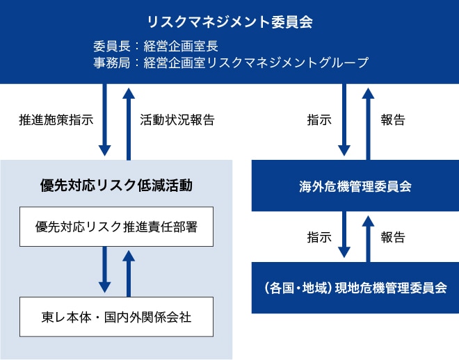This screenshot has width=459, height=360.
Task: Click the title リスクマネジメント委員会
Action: point(230,22)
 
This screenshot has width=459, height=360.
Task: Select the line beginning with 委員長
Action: point(156,46)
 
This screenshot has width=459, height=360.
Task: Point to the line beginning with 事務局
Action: point(231,63)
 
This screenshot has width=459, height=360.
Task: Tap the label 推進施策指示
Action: point(56,120)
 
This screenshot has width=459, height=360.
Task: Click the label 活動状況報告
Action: point(177,120)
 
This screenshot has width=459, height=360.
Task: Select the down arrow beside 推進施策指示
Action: point(105,120)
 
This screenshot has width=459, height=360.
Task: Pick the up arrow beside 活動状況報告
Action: point(129,124)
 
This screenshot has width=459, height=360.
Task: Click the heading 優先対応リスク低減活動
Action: point(117,185)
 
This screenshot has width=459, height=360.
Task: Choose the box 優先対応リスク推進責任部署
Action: point(117,227)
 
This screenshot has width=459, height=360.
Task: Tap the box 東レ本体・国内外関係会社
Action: point(117,317)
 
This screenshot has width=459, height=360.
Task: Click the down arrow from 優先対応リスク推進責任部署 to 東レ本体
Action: point(105,270)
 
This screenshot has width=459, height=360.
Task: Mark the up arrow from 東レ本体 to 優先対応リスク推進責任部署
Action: point(129,274)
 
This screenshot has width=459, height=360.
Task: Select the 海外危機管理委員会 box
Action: point(355,186)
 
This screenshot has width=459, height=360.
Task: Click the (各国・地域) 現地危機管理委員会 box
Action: point(355,288)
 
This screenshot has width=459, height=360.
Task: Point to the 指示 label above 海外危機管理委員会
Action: point(319,120)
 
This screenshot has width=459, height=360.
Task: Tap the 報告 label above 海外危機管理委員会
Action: point(393,120)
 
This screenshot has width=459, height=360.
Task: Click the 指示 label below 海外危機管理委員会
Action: point(319,237)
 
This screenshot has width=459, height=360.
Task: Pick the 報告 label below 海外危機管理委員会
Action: point(393,237)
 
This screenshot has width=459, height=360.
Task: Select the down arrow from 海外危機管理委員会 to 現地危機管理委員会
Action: point(344,234)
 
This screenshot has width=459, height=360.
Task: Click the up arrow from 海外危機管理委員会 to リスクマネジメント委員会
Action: point(369,124)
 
